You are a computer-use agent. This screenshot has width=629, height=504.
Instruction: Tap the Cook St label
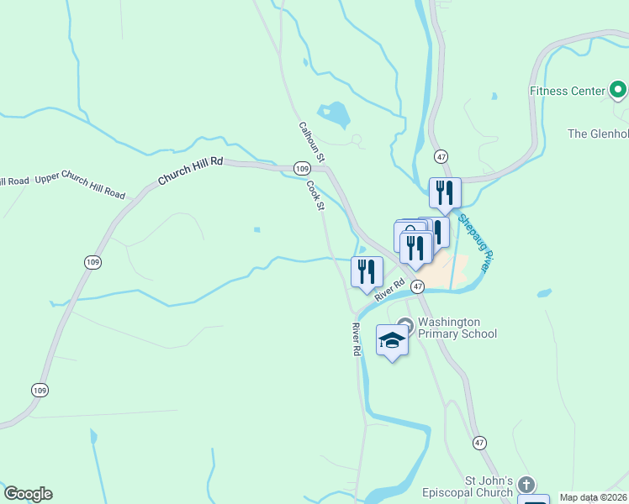315,196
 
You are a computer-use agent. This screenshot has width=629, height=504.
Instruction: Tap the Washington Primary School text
457,328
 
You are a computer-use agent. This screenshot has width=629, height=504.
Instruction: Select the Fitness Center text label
568,91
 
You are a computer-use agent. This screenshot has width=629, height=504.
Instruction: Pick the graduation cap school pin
392,340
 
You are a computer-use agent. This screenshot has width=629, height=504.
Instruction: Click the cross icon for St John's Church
526,485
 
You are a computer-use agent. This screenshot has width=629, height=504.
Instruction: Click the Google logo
28,494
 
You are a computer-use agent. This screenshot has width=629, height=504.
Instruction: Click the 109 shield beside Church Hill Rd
302,169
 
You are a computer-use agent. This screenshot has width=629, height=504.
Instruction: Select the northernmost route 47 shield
441,156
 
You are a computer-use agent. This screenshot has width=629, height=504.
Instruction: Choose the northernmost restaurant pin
445,192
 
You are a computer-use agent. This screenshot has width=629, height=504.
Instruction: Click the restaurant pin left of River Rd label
367,271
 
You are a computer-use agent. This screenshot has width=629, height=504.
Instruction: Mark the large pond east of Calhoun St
335,113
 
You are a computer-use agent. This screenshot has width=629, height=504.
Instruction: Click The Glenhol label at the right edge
598,134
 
